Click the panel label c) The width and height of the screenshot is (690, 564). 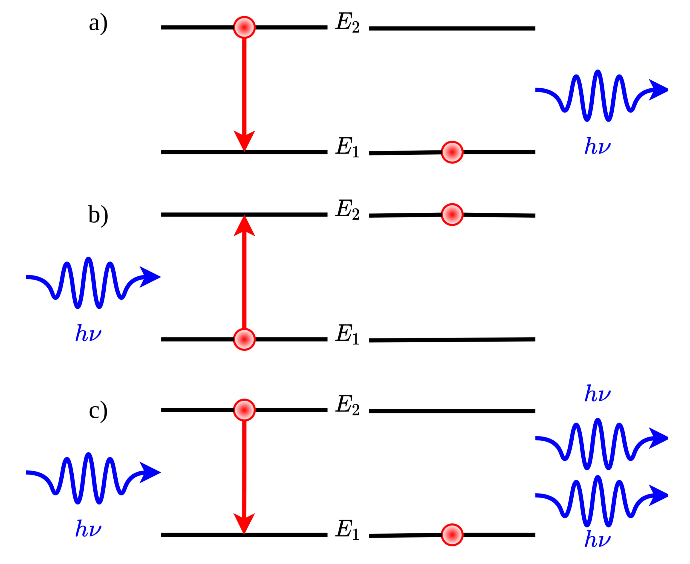tap(98, 411)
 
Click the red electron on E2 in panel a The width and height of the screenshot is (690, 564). tap(244, 27)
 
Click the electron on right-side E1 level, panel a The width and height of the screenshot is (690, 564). tap(452, 152)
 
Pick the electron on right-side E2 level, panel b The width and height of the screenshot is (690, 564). tap(452, 214)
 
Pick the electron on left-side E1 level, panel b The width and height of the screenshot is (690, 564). tap(244, 339)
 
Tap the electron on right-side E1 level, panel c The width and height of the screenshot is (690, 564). tap(452, 535)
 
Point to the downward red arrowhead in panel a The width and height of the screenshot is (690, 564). tap(244, 140)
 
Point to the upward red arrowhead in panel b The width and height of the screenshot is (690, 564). tap(244, 226)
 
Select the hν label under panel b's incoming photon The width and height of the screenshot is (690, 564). tap(88, 333)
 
